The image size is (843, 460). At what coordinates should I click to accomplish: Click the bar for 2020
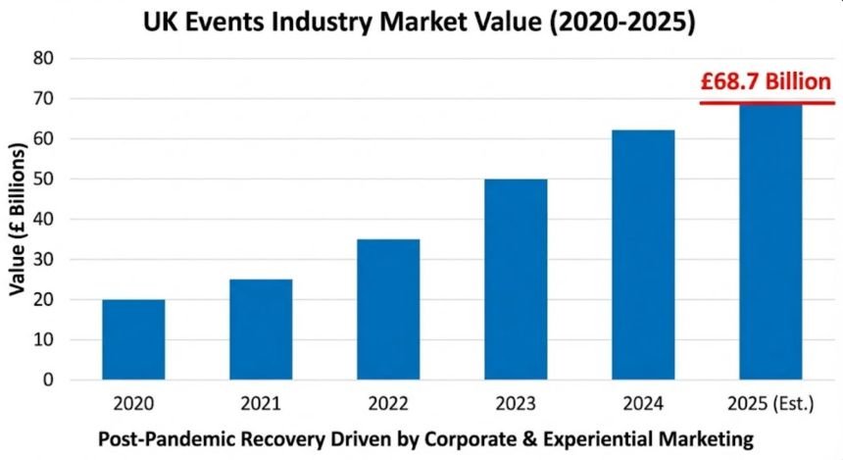(x=133, y=339)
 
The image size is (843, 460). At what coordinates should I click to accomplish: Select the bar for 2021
(x=261, y=330)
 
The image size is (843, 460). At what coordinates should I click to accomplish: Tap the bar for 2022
(x=388, y=309)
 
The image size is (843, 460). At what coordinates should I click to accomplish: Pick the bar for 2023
(x=516, y=280)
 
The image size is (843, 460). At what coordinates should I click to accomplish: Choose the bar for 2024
(x=643, y=255)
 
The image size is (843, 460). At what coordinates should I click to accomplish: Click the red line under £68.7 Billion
(x=767, y=102)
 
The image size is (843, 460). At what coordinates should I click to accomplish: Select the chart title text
(x=421, y=22)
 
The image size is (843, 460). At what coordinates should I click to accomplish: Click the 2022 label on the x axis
(x=388, y=403)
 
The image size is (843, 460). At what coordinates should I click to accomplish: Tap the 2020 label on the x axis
(x=133, y=403)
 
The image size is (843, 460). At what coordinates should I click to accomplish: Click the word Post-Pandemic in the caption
(x=161, y=436)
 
